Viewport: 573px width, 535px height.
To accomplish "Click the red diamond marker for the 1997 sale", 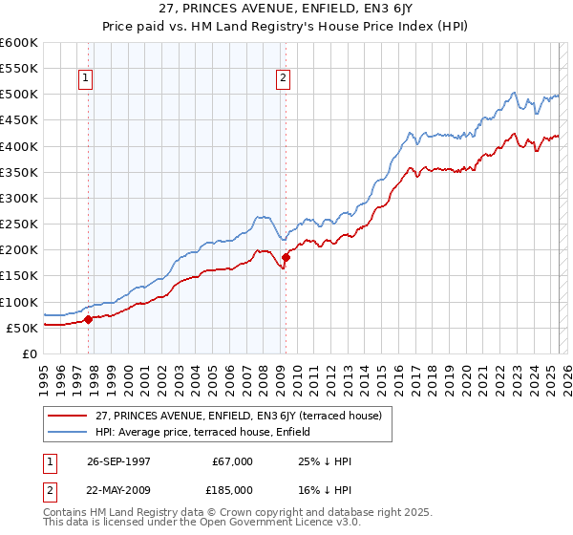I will tap(89, 319).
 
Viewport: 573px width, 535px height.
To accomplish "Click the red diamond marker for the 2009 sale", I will tap(286, 257).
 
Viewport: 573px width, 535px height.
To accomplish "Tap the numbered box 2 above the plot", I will tap(284, 79).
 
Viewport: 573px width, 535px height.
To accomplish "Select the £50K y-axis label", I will tap(21, 328).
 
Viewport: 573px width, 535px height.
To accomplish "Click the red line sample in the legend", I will tap(66, 415).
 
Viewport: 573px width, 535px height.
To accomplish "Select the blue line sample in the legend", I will tap(66, 432).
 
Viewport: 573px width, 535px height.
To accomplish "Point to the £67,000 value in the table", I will tap(233, 461).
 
